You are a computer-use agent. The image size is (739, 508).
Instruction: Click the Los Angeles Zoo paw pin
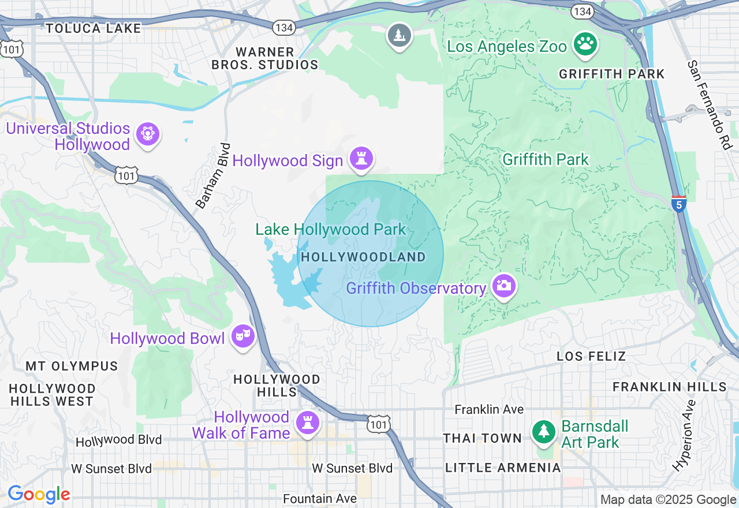[x=585, y=44]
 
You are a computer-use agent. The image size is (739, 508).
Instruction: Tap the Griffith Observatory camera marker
[x=503, y=286]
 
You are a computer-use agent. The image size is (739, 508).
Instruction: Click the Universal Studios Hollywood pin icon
[x=148, y=135]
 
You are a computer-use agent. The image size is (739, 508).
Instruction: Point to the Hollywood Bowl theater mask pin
[x=243, y=335]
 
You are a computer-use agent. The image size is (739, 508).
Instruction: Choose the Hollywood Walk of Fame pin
[x=307, y=423]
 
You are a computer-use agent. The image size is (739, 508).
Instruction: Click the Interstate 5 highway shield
[x=679, y=204]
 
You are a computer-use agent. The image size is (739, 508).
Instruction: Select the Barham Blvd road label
[x=213, y=175]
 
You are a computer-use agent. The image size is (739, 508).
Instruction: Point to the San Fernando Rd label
[x=708, y=105]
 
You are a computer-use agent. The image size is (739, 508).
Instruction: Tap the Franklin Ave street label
[x=489, y=409]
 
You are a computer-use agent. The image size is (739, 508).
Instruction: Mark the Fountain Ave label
[x=319, y=498]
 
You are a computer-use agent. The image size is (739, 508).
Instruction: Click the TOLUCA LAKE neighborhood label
[x=94, y=28]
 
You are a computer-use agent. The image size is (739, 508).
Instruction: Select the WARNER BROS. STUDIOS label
[x=265, y=58]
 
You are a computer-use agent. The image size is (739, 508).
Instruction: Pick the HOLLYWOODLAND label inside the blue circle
[x=363, y=257]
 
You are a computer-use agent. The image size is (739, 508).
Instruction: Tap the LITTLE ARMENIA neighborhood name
[x=503, y=468]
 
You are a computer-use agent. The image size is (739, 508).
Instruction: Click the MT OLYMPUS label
[x=72, y=366]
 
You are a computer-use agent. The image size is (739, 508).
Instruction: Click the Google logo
[x=39, y=495]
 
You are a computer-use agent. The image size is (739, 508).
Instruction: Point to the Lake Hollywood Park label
[x=331, y=229]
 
